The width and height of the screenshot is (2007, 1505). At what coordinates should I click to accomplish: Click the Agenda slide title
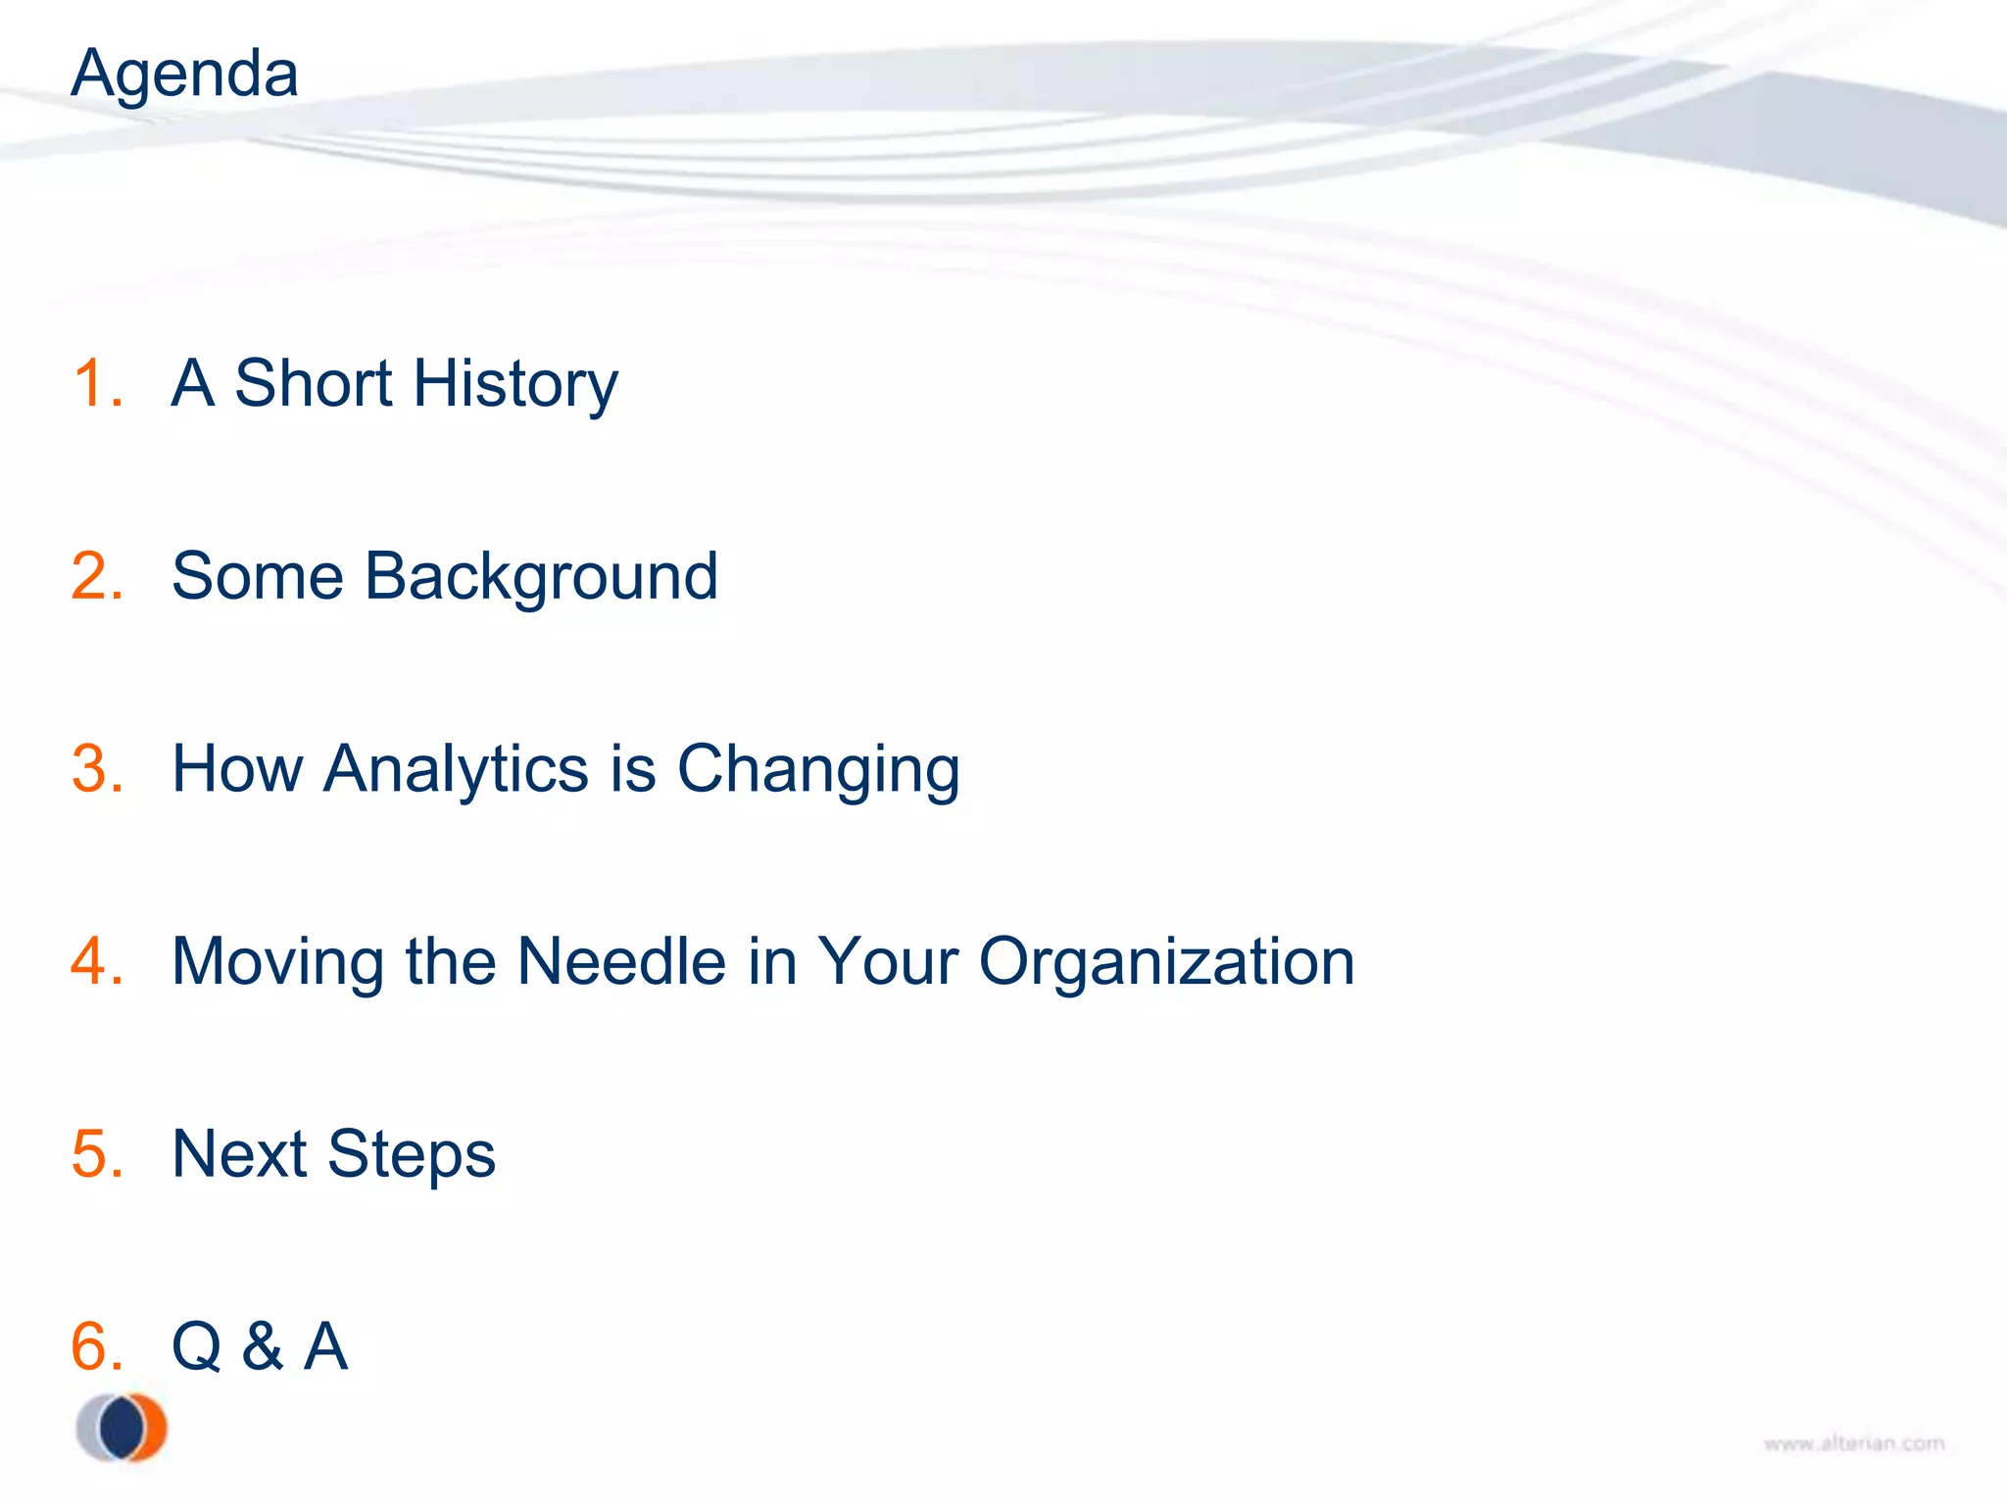pos(184,74)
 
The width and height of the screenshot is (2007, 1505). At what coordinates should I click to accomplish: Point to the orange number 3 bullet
pos(96,768)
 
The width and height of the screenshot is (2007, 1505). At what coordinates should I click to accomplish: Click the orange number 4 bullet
pos(96,961)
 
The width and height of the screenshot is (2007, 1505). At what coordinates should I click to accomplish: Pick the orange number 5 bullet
pos(96,1153)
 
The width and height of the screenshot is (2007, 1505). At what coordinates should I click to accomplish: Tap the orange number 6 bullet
pos(96,1346)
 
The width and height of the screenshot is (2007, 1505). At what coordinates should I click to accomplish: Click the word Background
pos(541,577)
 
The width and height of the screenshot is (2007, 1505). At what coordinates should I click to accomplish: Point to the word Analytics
pos(456,770)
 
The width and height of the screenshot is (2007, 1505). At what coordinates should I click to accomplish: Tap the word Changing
pos(818,770)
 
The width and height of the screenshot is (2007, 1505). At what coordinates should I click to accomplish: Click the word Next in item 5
pos(239,1153)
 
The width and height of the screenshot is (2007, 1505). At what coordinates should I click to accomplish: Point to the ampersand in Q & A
pos(263,1346)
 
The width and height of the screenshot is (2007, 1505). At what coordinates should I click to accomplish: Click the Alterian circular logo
pos(122,1428)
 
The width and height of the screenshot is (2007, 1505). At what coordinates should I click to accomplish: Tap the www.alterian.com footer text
pos(1853,1443)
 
